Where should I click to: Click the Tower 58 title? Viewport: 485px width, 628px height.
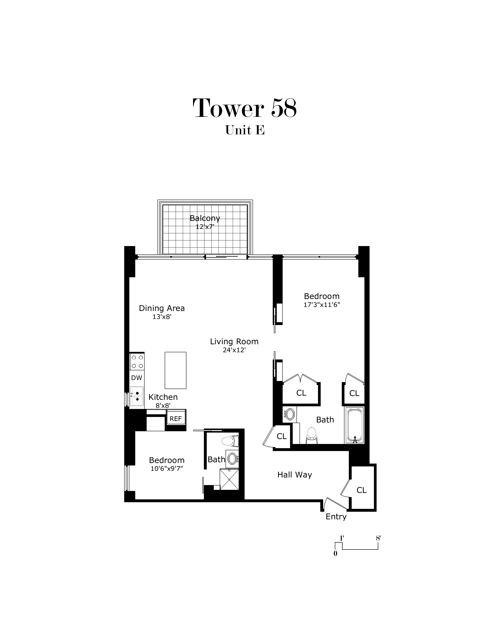[x=245, y=108]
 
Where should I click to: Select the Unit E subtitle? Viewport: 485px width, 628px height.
[x=245, y=130]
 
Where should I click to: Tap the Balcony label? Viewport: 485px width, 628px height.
[x=205, y=218]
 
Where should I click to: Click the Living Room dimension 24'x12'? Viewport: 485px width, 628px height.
[x=234, y=350]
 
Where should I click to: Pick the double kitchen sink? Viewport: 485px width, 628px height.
[x=137, y=396]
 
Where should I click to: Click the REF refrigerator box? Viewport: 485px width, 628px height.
[x=176, y=419]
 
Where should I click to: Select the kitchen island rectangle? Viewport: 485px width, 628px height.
[x=175, y=370]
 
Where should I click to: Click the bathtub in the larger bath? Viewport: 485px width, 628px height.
[x=354, y=425]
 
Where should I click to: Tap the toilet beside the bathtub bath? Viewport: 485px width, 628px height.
[x=312, y=435]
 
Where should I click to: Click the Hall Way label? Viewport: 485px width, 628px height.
[x=294, y=475]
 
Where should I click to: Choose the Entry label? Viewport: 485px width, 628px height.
[x=336, y=517]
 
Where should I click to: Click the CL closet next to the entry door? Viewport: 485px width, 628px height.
[x=361, y=490]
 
